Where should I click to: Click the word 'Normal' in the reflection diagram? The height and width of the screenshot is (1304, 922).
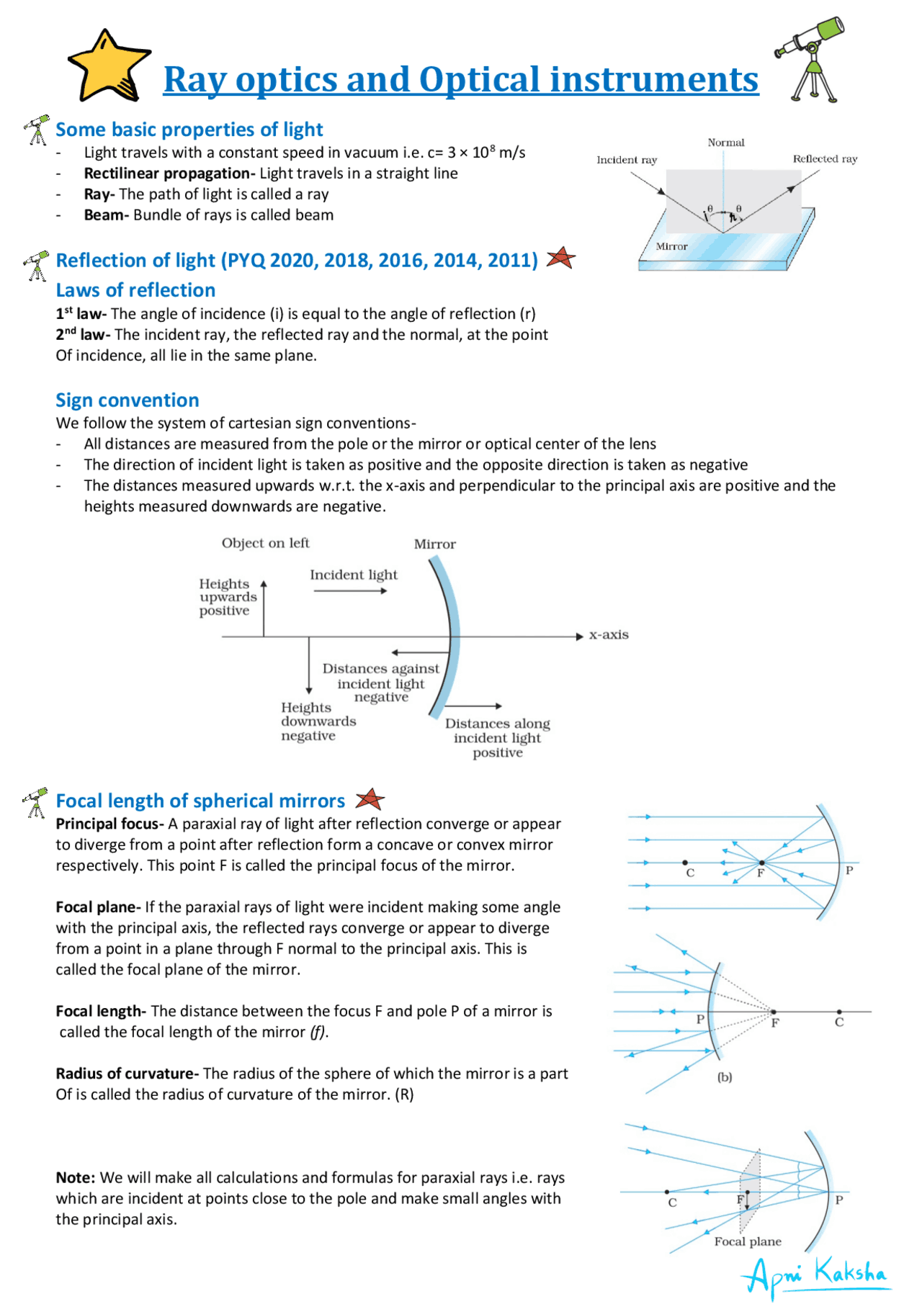tap(725, 143)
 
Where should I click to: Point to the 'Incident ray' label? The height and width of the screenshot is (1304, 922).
tap(626, 160)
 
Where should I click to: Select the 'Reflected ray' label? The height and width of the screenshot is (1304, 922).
tap(825, 159)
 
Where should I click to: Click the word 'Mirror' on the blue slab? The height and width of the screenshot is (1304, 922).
tap(671, 246)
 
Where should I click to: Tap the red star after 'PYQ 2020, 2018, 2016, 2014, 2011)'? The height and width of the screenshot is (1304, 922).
tap(560, 258)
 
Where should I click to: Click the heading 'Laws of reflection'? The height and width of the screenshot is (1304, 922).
tap(135, 290)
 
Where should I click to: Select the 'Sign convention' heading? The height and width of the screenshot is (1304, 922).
tap(127, 400)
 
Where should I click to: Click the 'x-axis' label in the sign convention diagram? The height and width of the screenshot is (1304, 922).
tap(609, 635)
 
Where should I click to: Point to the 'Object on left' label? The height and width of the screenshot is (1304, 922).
tap(265, 543)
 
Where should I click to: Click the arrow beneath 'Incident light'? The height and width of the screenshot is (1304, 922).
tap(351, 591)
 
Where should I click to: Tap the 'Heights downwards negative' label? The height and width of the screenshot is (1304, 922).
tap(317, 721)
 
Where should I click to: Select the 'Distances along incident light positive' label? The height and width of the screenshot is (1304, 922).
tap(497, 738)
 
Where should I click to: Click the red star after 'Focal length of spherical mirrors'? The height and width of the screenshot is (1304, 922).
tap(370, 799)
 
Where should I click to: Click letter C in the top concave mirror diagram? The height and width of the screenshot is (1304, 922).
tap(689, 873)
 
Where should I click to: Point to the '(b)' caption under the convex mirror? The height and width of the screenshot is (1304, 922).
tap(724, 1077)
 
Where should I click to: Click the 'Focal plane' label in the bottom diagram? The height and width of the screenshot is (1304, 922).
tap(747, 1241)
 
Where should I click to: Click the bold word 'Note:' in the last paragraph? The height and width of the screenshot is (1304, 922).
tap(75, 1178)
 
